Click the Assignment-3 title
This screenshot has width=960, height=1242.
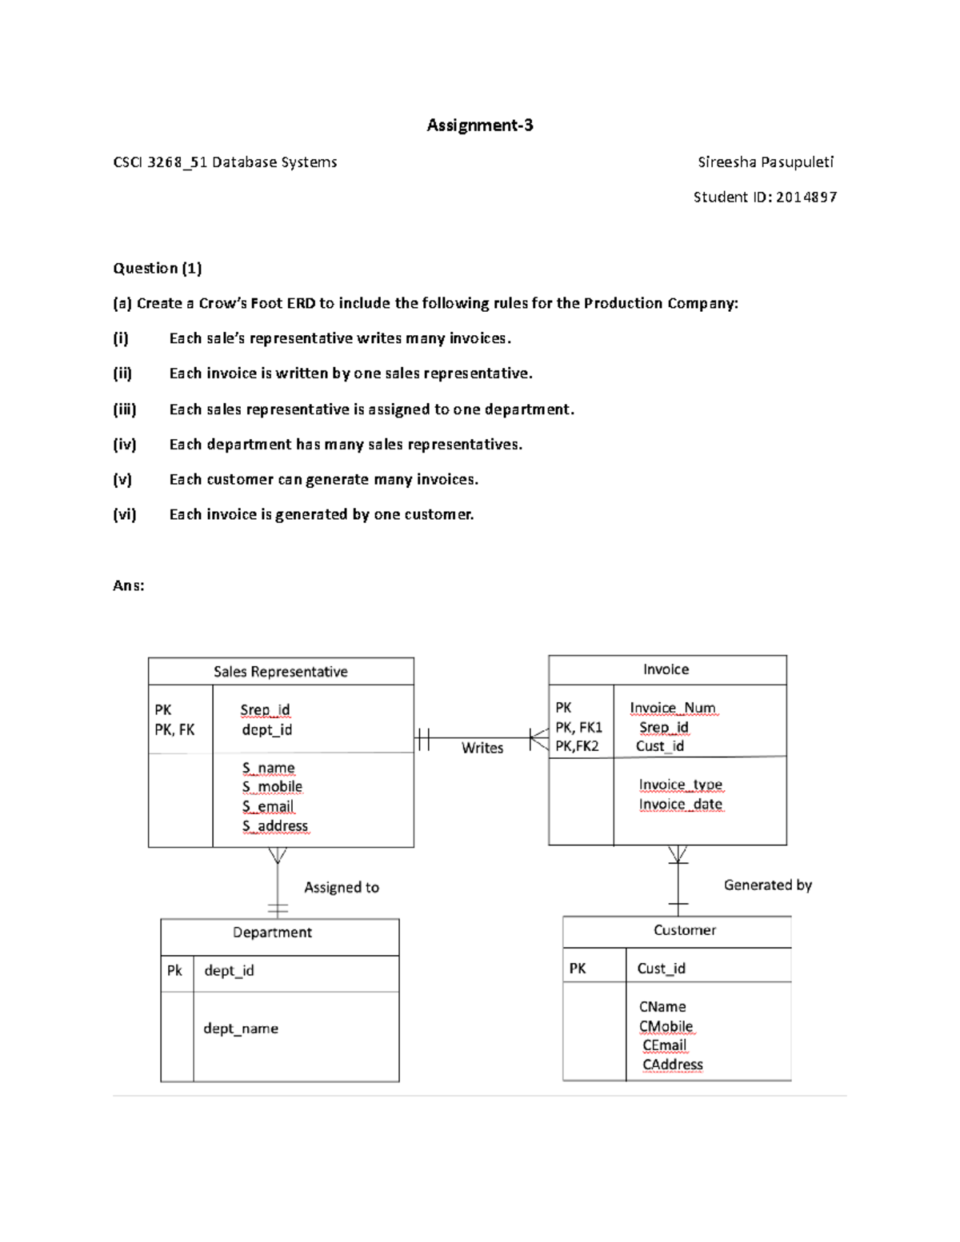pos(479,125)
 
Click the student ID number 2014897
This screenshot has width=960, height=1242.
pos(806,197)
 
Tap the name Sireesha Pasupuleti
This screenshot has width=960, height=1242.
pos(765,162)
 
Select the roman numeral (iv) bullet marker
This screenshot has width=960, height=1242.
pos(124,444)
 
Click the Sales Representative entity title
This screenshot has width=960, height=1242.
pos(280,672)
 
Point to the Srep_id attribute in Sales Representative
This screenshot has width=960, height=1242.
pos(265,709)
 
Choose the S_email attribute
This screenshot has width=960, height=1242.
pos(268,806)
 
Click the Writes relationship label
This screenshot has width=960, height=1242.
pos(482,748)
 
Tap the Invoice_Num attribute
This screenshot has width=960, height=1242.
pos(672,708)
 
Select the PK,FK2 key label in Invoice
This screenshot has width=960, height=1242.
pos(577,746)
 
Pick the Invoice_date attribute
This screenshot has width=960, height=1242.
pos(680,804)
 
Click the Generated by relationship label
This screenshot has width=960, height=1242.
pos(767,885)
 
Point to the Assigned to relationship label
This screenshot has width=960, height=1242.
pos(341,887)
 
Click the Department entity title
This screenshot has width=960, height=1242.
pos(272,932)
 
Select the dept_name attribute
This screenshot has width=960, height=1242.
pos(241,1028)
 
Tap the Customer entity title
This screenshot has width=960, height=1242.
pos(684,930)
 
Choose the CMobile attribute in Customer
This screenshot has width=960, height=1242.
pos(666,1026)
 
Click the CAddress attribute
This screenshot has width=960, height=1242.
pos(672,1064)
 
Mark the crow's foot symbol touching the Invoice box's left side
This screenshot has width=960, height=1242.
pos(538,737)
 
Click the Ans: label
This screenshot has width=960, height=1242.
pos(129,585)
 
